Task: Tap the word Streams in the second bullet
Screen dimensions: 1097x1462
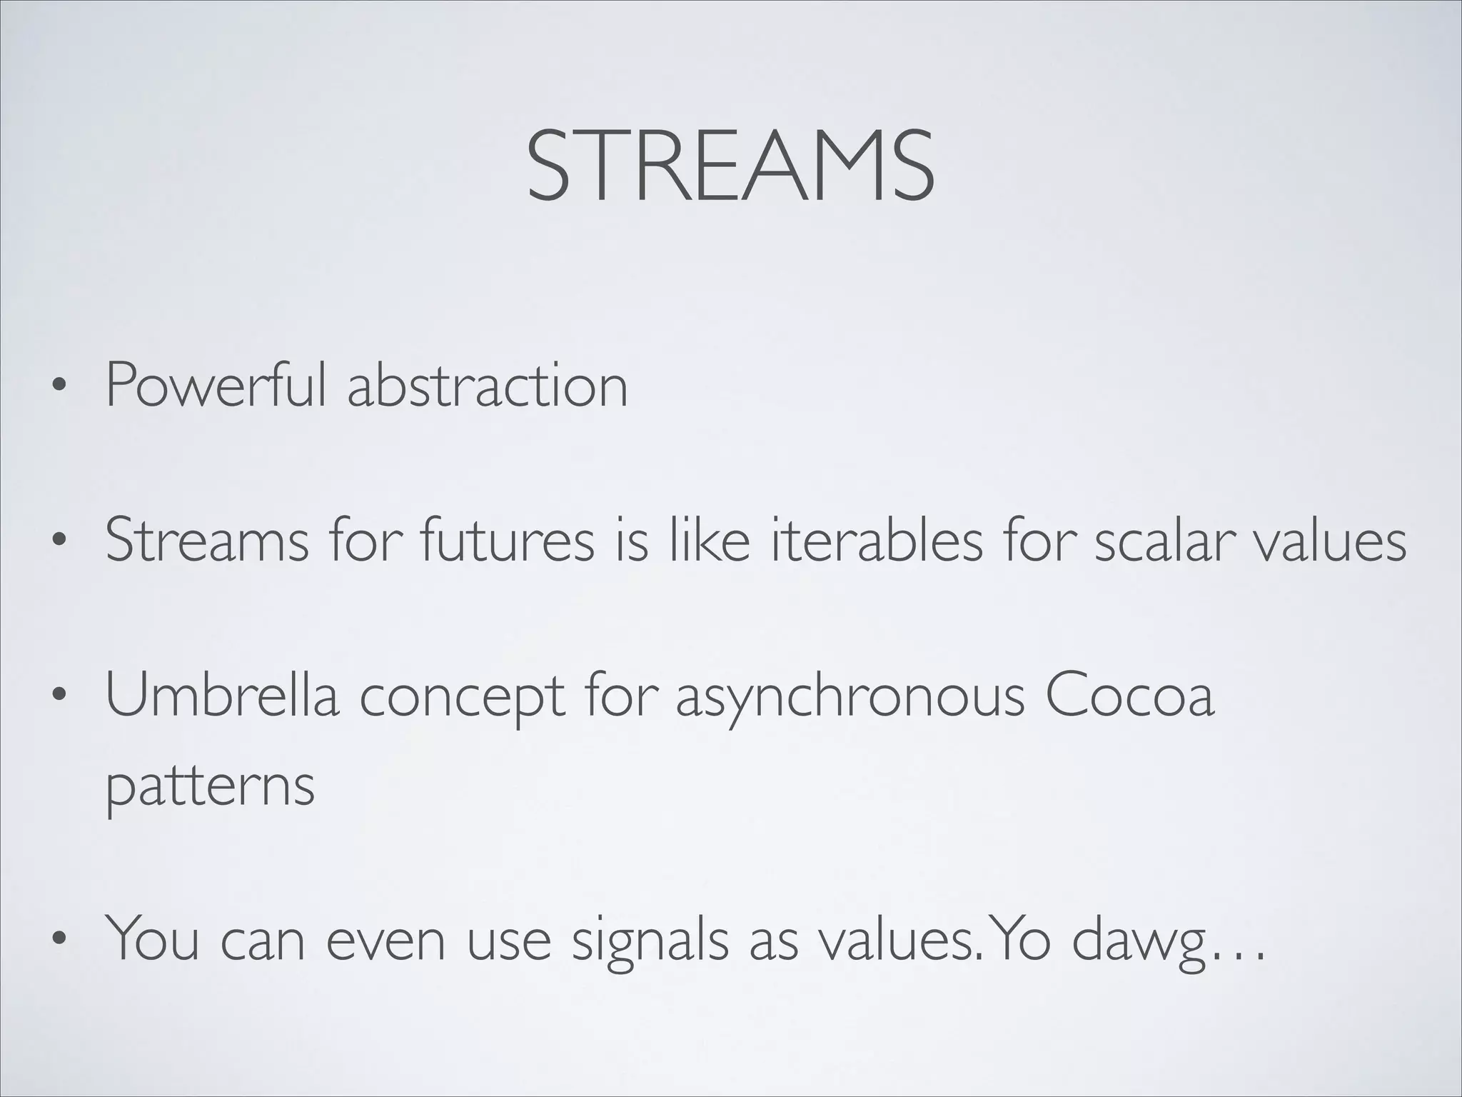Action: (x=207, y=541)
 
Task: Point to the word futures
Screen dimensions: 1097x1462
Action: (x=507, y=541)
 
